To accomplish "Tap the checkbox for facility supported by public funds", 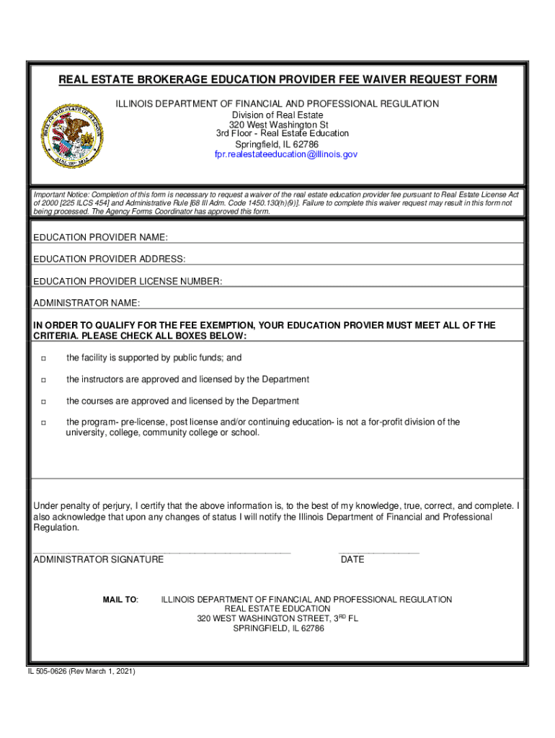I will (x=43, y=358).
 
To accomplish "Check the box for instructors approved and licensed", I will (x=43, y=380).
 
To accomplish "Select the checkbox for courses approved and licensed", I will (x=43, y=401).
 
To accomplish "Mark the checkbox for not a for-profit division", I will (x=43, y=422).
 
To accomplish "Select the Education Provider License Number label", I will (x=128, y=280).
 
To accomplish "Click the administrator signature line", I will (x=162, y=551).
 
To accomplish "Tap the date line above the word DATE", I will (x=378, y=551).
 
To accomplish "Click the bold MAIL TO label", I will (x=120, y=600).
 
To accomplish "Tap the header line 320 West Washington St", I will (x=278, y=125).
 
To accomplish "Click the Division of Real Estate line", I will (x=277, y=115).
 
